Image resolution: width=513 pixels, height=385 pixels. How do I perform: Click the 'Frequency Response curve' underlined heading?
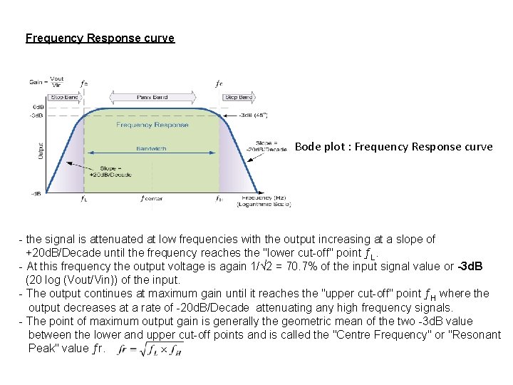tap(100, 38)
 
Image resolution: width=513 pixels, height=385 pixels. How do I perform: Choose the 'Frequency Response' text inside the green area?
tap(152, 125)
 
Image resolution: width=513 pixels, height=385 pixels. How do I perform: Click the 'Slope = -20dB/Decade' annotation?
tap(265, 145)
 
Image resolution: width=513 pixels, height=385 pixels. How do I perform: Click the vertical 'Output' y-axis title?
tap(40, 149)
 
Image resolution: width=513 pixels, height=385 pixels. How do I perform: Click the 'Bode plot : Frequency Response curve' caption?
tap(393, 147)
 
